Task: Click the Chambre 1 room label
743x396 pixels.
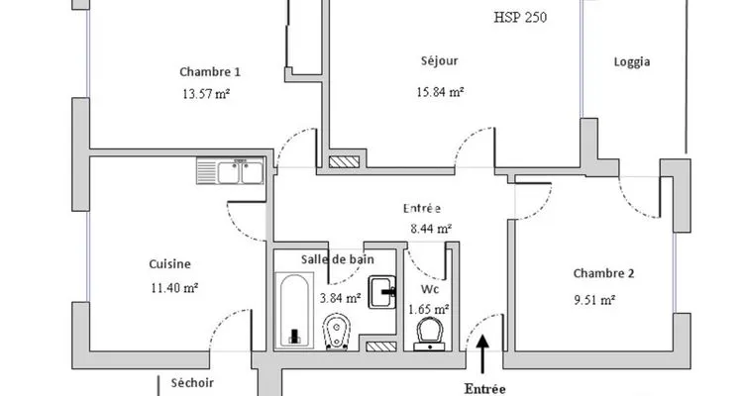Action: click(x=210, y=72)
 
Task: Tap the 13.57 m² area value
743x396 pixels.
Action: click(x=206, y=94)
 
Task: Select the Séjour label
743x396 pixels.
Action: click(x=440, y=61)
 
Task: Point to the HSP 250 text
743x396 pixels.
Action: click(x=520, y=18)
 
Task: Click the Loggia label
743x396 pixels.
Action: click(x=632, y=62)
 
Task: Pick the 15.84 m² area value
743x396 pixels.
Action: click(x=440, y=92)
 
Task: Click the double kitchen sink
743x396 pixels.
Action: click(x=230, y=171)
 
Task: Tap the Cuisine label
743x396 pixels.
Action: click(x=170, y=264)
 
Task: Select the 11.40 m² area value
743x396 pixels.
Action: click(x=174, y=287)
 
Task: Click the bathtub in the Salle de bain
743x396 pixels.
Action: click(x=294, y=310)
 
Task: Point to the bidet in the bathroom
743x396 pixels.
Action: click(x=337, y=331)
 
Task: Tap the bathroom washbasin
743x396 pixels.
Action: click(x=382, y=292)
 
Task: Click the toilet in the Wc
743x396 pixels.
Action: click(x=429, y=334)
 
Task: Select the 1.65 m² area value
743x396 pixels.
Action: click(x=429, y=310)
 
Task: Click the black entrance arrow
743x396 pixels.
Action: click(x=482, y=354)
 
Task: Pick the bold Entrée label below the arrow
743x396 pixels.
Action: click(x=484, y=389)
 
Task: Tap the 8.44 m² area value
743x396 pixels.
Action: click(x=431, y=230)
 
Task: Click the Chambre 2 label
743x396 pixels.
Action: click(x=603, y=273)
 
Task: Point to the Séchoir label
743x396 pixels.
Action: click(x=192, y=383)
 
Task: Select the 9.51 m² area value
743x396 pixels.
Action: click(x=594, y=300)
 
